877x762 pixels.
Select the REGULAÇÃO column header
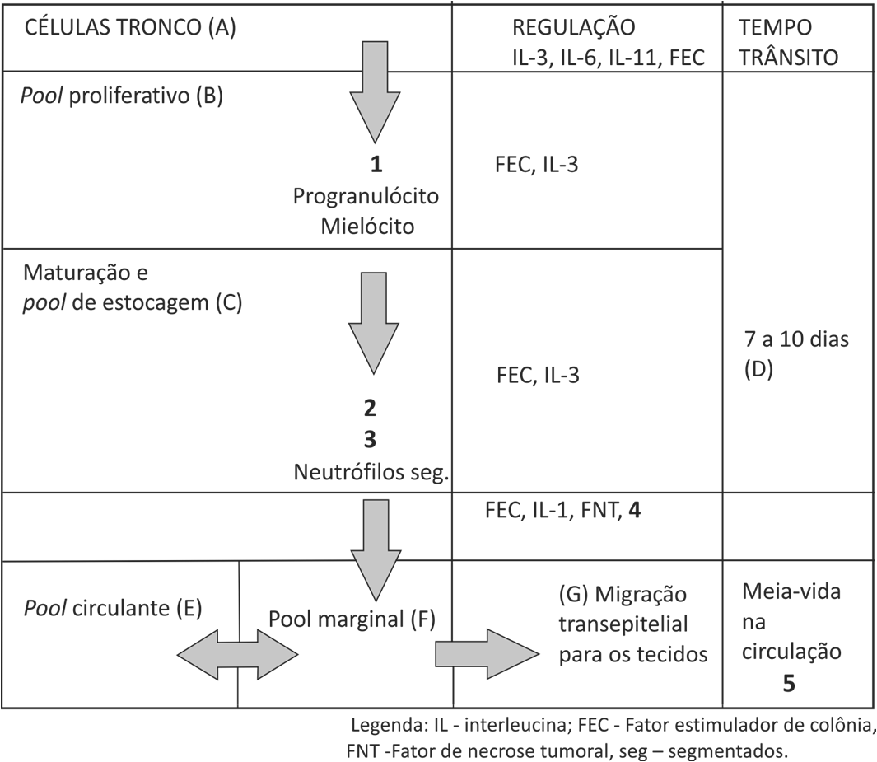[573, 27]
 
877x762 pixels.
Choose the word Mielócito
[368, 226]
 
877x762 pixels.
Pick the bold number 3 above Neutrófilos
[370, 439]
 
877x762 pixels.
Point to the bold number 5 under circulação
[789, 683]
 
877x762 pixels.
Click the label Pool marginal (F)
[352, 618]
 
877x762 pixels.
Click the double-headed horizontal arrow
[238, 653]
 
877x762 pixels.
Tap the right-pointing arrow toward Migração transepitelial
[486, 653]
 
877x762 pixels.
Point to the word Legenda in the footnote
[385, 727]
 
